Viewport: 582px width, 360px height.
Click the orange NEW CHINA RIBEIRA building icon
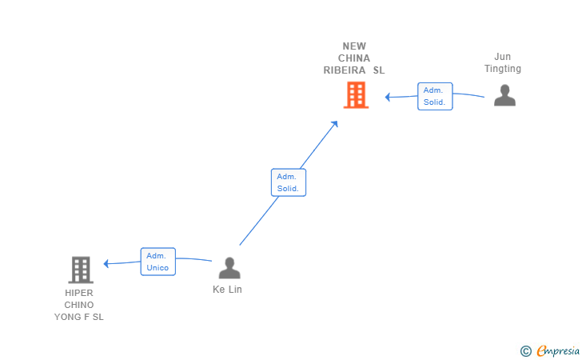tap(356, 95)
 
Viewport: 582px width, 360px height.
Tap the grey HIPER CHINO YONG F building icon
tap(81, 270)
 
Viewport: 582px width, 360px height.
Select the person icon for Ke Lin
tap(229, 268)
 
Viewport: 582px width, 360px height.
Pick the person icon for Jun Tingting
tap(504, 95)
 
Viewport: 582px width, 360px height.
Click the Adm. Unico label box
tap(158, 262)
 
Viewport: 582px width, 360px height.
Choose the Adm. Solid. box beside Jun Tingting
tap(435, 96)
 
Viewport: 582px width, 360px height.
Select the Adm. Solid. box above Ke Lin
tap(289, 182)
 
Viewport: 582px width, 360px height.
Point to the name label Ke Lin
tap(227, 290)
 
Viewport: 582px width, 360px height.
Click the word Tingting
tap(503, 69)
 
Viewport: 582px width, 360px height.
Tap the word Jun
tap(503, 57)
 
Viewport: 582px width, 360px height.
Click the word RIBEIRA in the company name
tap(345, 70)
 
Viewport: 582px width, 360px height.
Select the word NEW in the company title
tap(354, 46)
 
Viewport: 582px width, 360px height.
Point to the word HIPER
tap(79, 293)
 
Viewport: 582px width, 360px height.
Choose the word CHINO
tap(79, 305)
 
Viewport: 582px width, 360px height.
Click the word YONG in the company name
tap(67, 317)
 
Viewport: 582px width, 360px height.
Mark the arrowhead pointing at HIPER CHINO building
tap(106, 264)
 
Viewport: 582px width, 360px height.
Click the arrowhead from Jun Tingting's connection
tap(388, 98)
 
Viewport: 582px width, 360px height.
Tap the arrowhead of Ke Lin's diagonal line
tap(335, 124)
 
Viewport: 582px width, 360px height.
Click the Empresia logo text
tap(558, 350)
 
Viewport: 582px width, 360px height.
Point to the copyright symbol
tap(525, 351)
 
